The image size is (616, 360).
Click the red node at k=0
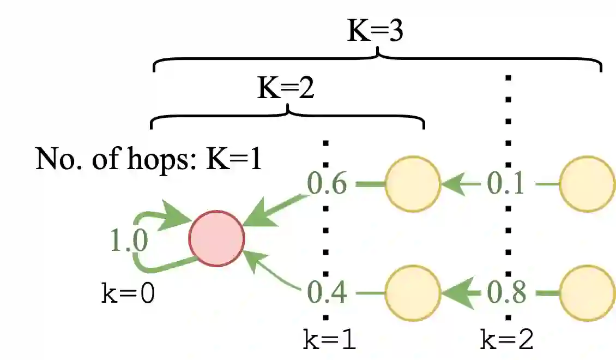click(x=216, y=238)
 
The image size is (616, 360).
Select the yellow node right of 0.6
click(x=413, y=184)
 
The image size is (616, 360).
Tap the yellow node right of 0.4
click(x=413, y=293)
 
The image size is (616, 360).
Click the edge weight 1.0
click(x=129, y=241)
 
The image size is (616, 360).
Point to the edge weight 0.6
click(x=327, y=184)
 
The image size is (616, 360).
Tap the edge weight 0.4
click(x=327, y=293)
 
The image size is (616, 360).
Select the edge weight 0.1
click(x=505, y=184)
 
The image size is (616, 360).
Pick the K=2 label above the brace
click(x=286, y=88)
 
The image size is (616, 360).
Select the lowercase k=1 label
click(x=330, y=341)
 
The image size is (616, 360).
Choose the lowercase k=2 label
click(x=507, y=341)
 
